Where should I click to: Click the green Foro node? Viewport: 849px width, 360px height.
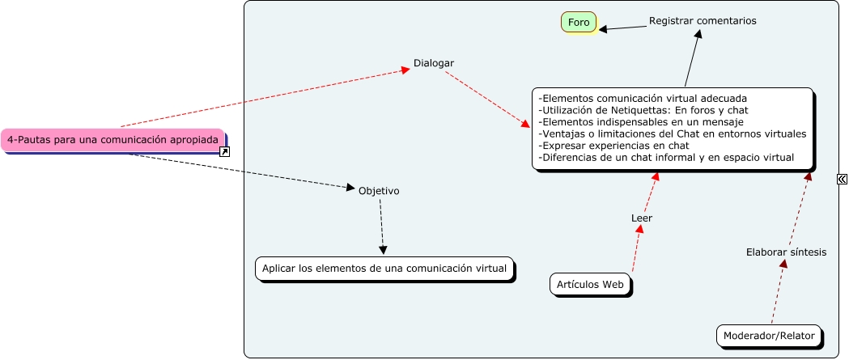tap(579, 23)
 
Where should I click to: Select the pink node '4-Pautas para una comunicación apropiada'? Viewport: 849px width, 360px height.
tap(112, 140)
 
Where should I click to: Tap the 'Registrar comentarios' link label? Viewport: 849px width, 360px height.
tap(703, 21)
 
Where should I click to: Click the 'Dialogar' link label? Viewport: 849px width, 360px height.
tap(434, 63)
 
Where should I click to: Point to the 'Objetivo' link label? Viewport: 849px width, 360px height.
tap(379, 191)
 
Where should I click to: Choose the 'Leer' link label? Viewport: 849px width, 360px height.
tap(642, 218)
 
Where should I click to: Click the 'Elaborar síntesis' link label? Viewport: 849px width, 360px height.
tap(786, 252)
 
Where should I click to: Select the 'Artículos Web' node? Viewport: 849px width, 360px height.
tap(590, 285)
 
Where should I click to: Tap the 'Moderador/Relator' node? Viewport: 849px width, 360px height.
tap(769, 336)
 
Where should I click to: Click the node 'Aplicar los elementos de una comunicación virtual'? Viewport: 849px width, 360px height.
tap(384, 269)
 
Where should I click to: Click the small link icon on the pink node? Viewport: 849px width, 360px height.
tap(225, 151)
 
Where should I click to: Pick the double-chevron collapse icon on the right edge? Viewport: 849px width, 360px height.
tap(842, 180)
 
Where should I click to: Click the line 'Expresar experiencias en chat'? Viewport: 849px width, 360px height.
tap(613, 146)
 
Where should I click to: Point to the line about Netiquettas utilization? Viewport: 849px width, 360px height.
tap(643, 110)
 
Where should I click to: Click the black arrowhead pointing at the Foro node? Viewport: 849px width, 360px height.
tap(604, 30)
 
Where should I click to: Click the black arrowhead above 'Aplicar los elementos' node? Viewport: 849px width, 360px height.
tap(383, 250)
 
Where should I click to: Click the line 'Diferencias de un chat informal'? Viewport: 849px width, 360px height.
tap(665, 158)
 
